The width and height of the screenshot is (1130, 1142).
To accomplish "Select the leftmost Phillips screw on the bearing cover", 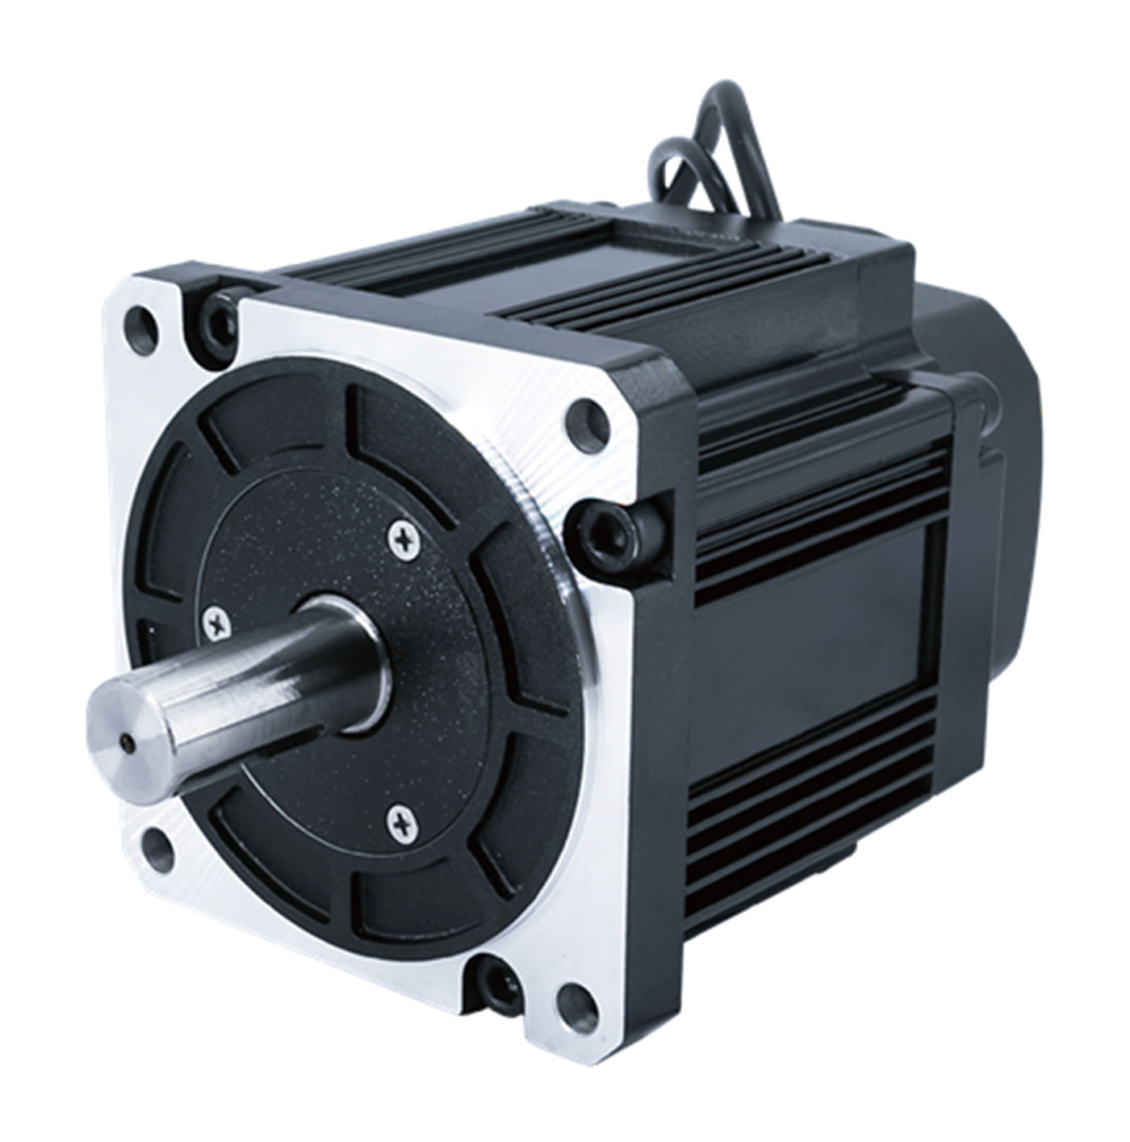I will click(217, 621).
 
